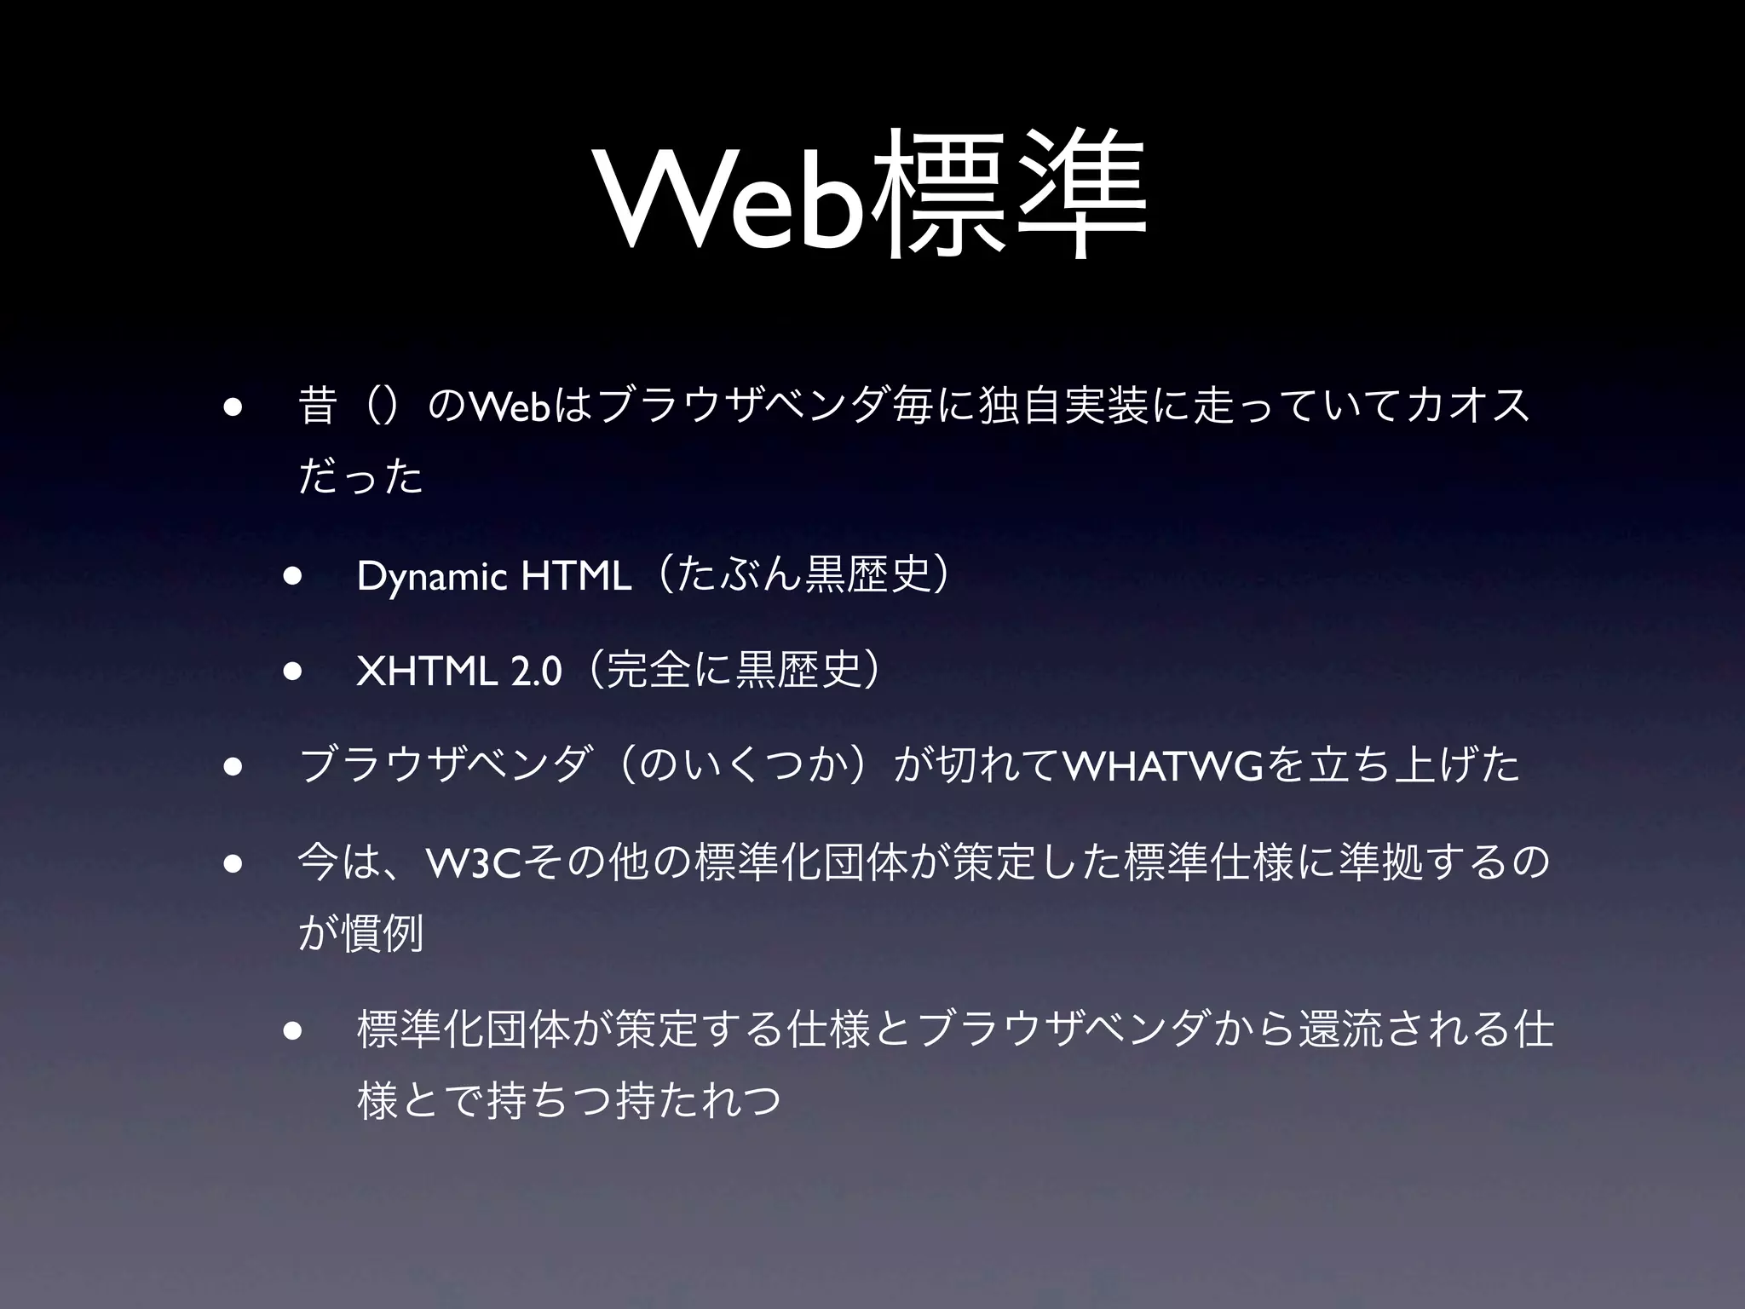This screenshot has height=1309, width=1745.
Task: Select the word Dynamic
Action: pyautogui.click(x=435, y=577)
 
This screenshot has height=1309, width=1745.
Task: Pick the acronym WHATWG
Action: pyautogui.click(x=1163, y=764)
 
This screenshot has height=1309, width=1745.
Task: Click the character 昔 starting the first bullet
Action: pyautogui.click(x=318, y=404)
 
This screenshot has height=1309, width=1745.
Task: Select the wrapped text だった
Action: pyautogui.click(x=361, y=477)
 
